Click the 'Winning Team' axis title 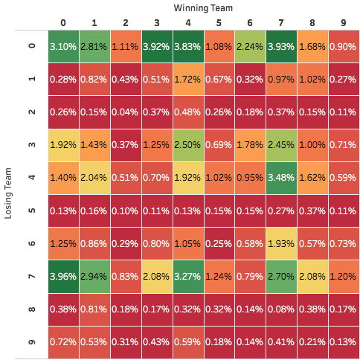(x=203, y=7)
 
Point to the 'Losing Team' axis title (x=9, y=193)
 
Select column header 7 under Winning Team (x=281, y=22)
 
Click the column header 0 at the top (x=62, y=22)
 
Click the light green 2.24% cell (x=250, y=46)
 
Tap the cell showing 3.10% (x=62, y=46)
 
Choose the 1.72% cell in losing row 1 (x=187, y=79)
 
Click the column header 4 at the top (x=187, y=22)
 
